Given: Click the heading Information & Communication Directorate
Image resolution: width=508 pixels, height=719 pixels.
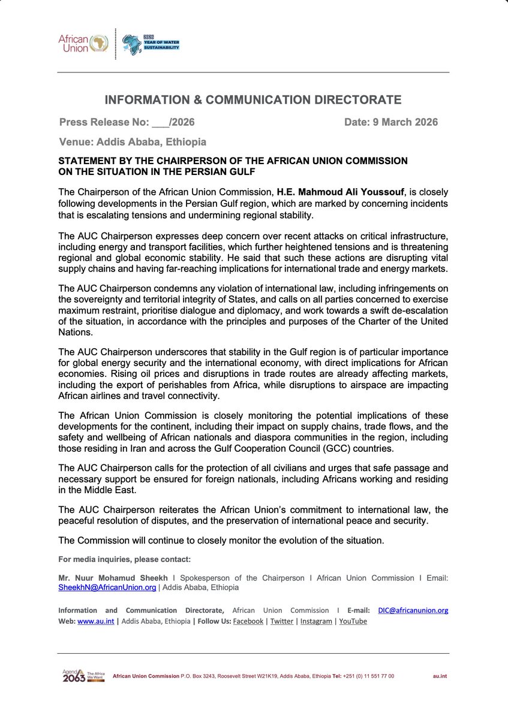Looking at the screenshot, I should tap(253, 99).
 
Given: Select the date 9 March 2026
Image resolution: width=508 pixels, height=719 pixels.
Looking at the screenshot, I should tap(391, 122).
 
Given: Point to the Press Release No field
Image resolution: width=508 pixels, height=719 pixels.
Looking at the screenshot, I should tap(127, 122).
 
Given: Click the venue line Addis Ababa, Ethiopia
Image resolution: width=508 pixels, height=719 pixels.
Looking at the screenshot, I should tap(133, 142).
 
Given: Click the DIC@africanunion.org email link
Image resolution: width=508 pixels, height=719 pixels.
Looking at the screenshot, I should tap(413, 611).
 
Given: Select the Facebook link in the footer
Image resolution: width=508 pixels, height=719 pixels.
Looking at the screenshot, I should tap(248, 621).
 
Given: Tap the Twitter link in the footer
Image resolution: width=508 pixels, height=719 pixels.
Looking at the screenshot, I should tap(282, 621).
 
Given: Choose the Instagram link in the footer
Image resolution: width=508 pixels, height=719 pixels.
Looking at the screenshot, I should tap(316, 621).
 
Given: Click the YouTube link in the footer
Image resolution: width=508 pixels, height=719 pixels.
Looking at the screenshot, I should tap(353, 621).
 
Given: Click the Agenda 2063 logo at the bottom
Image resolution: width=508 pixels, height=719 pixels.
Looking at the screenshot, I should tap(83, 676).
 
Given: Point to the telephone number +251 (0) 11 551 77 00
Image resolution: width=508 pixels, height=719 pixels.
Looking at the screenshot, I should tap(369, 676).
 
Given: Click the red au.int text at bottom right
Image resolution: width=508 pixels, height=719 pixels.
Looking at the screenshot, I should tap(440, 676).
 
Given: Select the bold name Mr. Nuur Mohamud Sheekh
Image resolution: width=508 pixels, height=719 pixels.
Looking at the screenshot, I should tap(113, 578).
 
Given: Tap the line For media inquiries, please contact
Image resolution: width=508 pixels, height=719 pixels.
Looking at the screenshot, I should tap(124, 560).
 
